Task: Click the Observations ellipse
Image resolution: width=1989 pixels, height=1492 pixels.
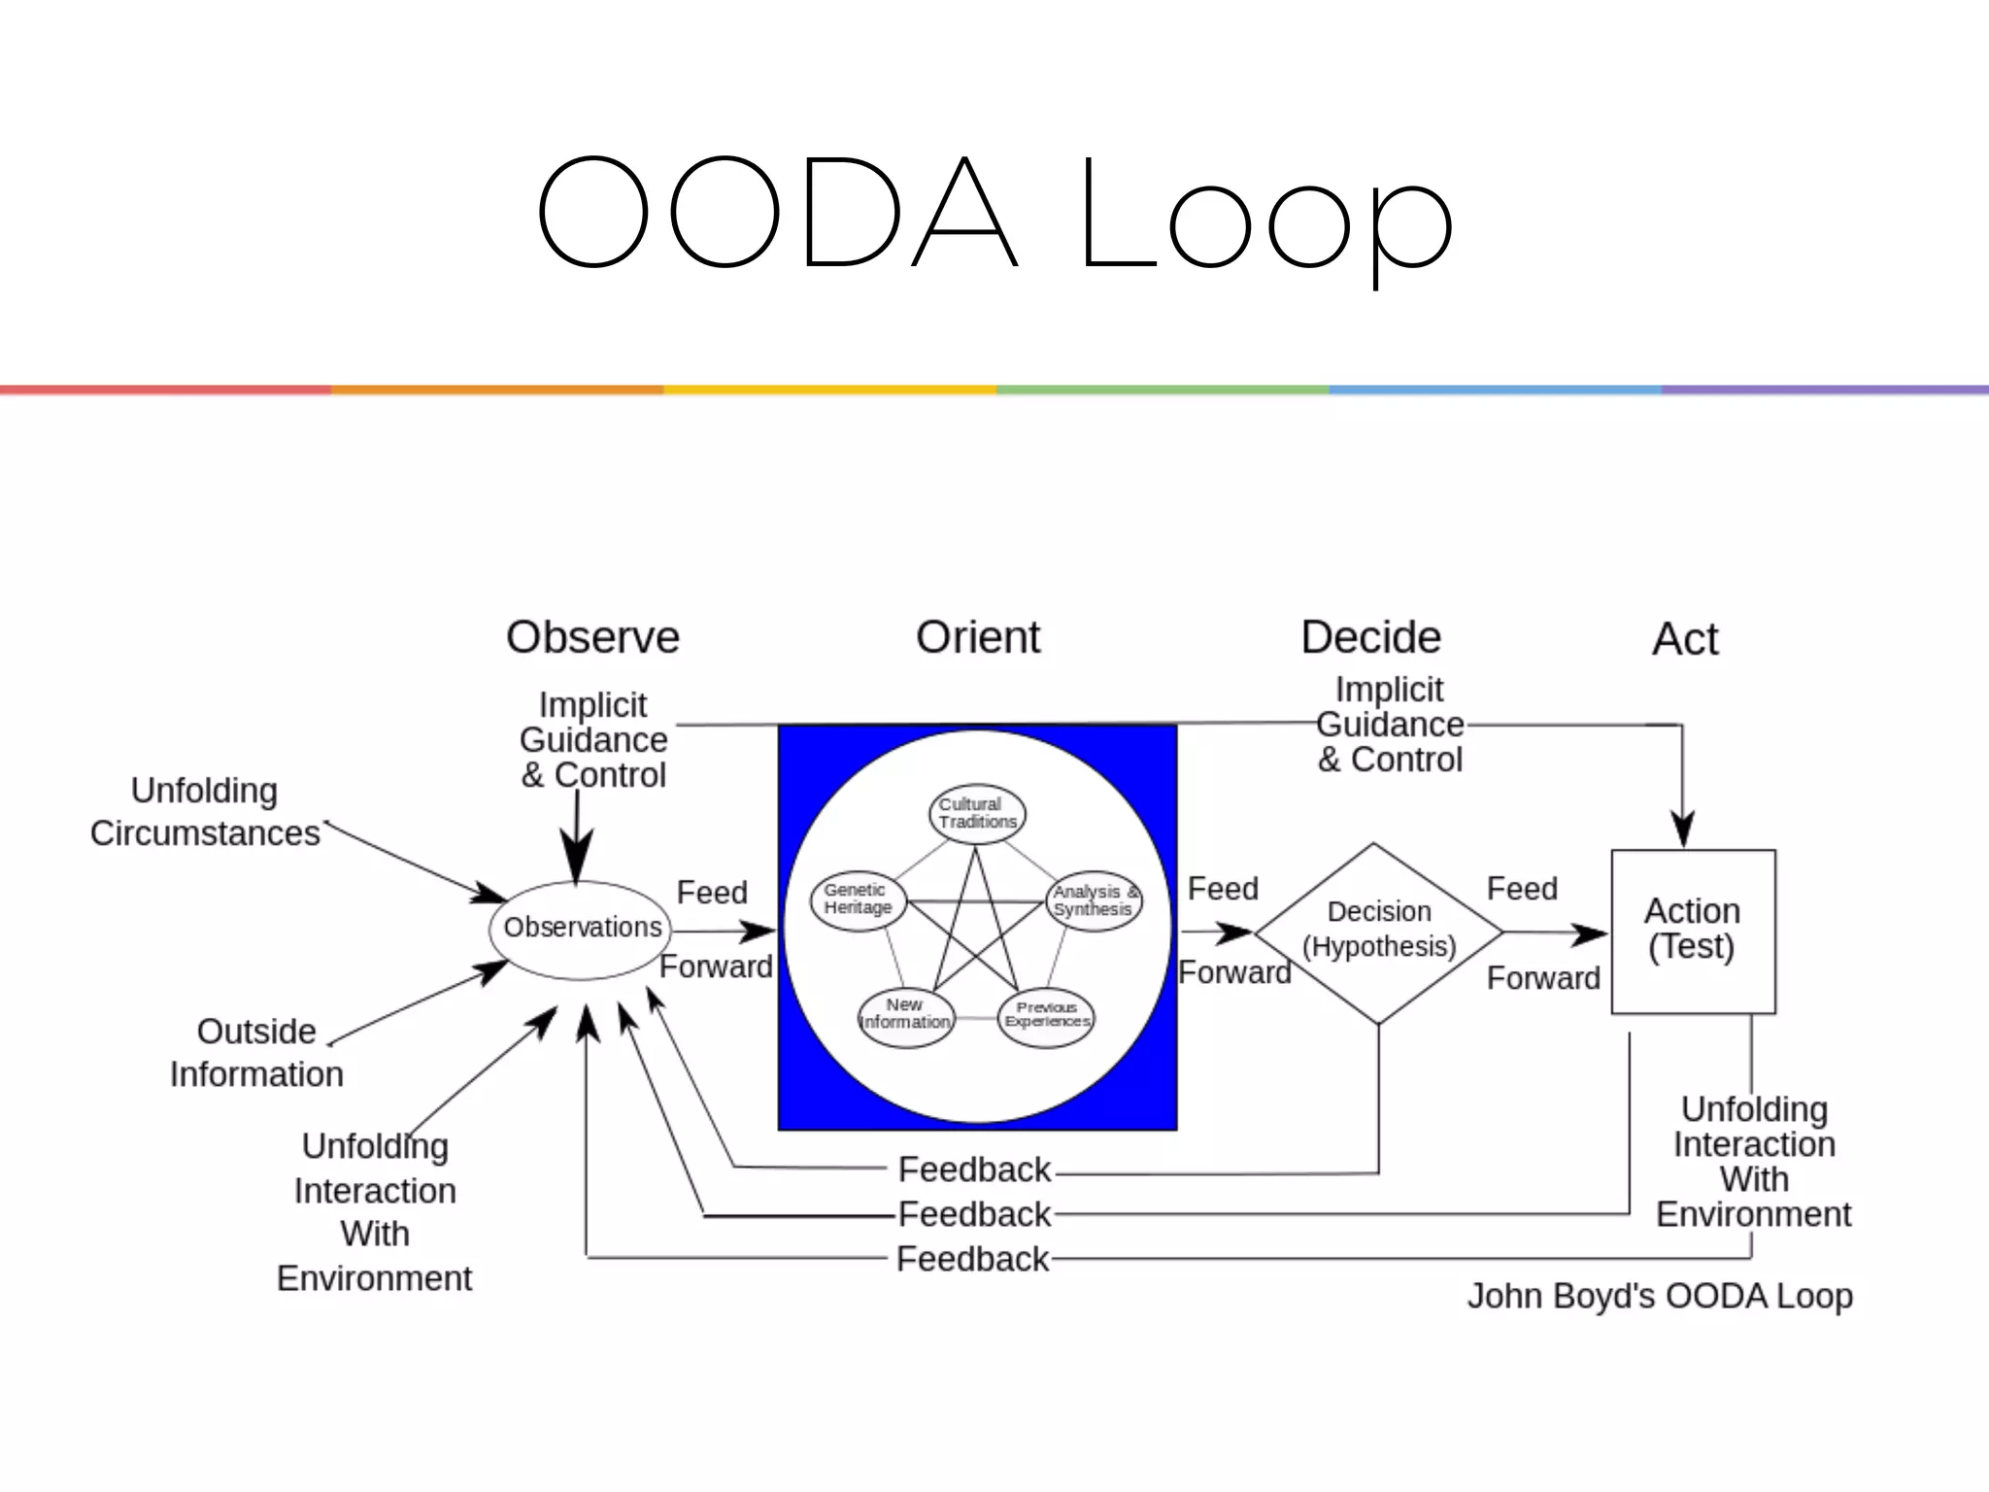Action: click(x=582, y=929)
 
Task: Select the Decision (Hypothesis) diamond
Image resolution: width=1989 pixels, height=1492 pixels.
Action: click(x=1378, y=932)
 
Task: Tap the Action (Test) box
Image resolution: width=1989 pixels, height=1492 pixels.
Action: click(x=1693, y=932)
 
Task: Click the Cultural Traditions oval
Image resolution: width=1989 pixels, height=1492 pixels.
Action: click(x=977, y=814)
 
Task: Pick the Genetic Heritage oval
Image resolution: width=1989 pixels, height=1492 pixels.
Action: click(x=858, y=899)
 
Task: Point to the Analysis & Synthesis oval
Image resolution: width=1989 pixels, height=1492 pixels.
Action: click(x=1095, y=900)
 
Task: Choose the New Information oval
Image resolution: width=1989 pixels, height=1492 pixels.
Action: click(x=905, y=1016)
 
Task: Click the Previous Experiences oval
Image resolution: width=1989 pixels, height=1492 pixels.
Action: click(x=1046, y=1016)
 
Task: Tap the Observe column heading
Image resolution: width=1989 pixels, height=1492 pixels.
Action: click(x=592, y=638)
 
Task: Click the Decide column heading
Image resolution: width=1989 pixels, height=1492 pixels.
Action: click(x=1370, y=638)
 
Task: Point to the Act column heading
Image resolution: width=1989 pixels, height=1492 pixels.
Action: click(x=1685, y=640)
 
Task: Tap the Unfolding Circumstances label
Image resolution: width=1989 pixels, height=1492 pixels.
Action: click(x=205, y=812)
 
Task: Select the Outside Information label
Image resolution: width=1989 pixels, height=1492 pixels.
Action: click(x=256, y=1053)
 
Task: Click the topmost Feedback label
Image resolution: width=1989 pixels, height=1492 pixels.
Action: click(x=974, y=1170)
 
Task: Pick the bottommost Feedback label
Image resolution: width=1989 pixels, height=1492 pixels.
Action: click(x=972, y=1259)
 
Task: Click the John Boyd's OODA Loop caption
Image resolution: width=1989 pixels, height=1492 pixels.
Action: click(x=1659, y=1296)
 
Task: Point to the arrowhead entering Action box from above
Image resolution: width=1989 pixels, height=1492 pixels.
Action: click(x=1682, y=830)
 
